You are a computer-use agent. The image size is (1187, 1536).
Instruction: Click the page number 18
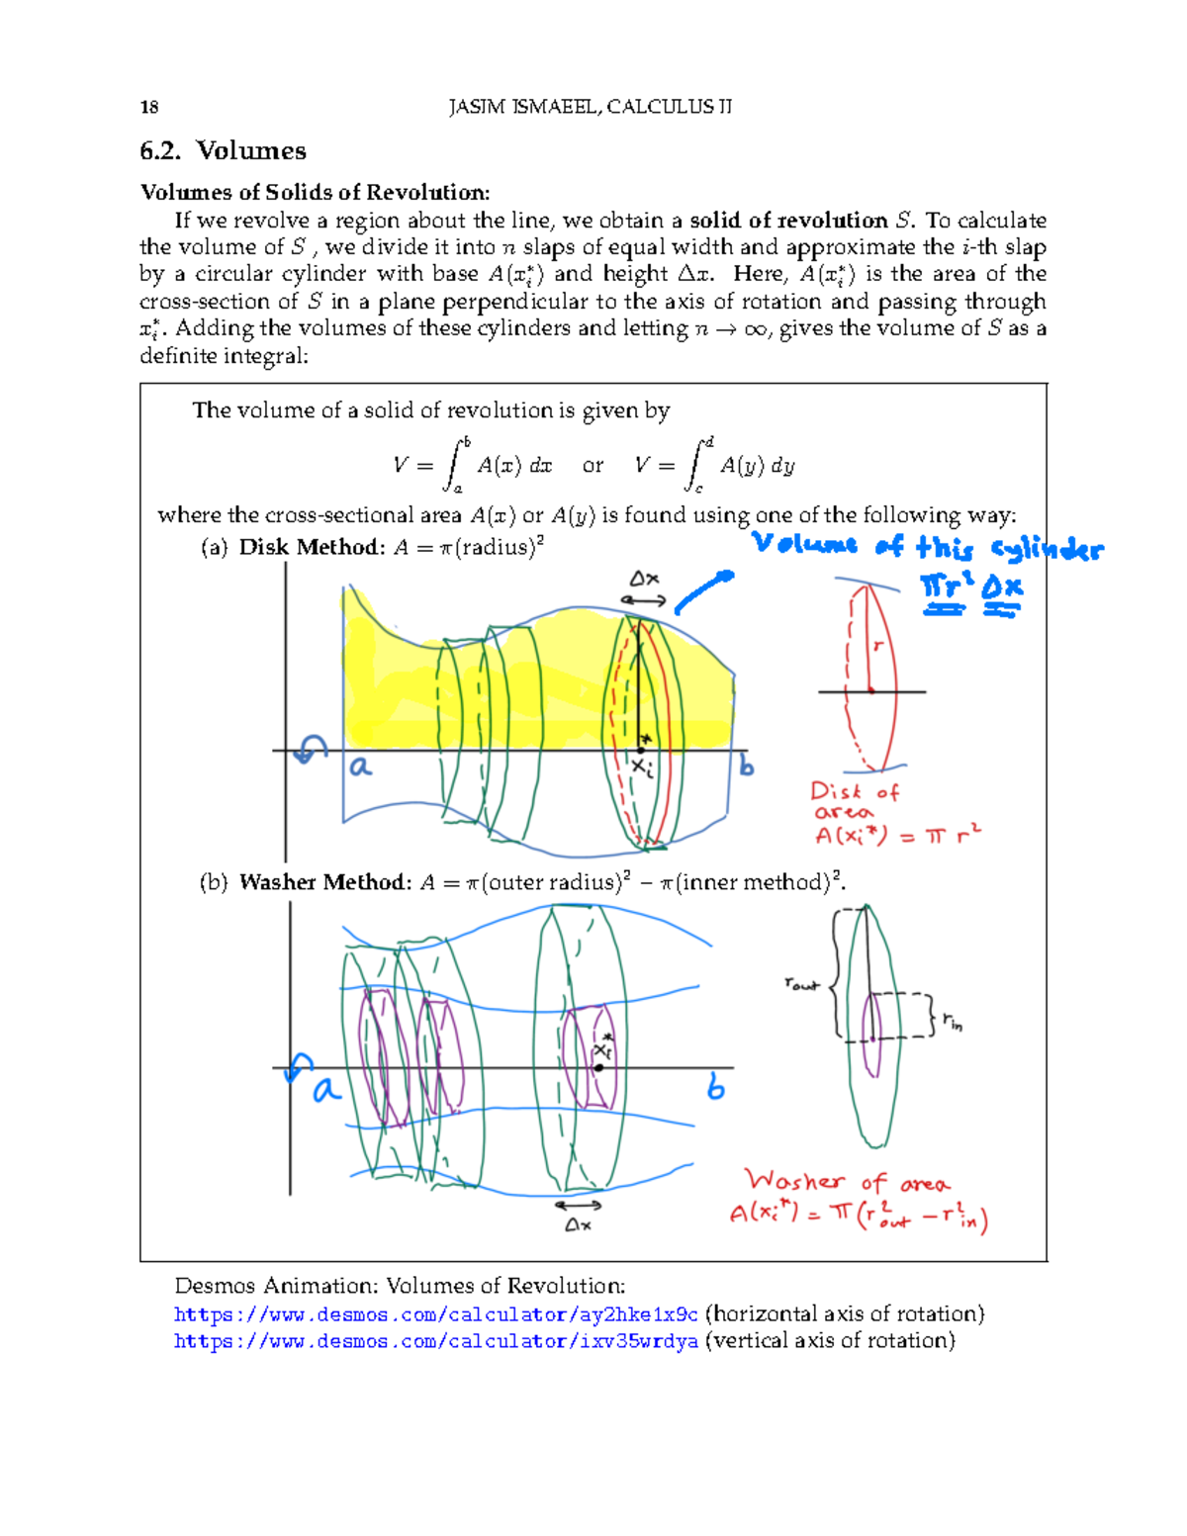pyautogui.click(x=149, y=108)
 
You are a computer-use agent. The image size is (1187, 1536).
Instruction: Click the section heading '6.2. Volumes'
pyautogui.click(x=223, y=151)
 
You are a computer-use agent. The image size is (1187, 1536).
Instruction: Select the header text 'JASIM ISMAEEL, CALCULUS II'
pyautogui.click(x=590, y=107)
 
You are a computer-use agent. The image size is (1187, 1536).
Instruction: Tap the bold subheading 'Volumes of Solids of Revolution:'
pyautogui.click(x=315, y=193)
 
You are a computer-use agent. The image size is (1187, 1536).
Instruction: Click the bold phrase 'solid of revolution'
pyautogui.click(x=788, y=221)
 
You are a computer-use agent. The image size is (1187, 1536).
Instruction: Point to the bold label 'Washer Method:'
pyautogui.click(x=325, y=882)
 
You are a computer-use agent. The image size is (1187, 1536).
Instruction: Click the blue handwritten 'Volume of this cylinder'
pyautogui.click(x=927, y=547)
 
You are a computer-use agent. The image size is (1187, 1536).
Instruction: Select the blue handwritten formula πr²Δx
pyautogui.click(x=971, y=588)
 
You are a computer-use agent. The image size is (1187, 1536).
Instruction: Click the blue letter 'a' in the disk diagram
pyautogui.click(x=360, y=767)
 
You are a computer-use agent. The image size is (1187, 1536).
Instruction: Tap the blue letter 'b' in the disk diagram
pyautogui.click(x=746, y=767)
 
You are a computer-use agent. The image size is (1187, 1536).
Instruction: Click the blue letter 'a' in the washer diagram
pyautogui.click(x=325, y=1090)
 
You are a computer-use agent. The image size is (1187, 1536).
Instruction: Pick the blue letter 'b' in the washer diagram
pyautogui.click(x=716, y=1089)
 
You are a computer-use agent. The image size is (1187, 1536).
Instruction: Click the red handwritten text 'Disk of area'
pyautogui.click(x=854, y=801)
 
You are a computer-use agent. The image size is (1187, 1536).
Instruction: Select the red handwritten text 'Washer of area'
pyautogui.click(x=847, y=1182)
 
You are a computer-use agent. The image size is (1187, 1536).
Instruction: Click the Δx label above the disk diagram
pyautogui.click(x=645, y=579)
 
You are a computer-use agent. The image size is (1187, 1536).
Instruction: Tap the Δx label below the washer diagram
pyautogui.click(x=578, y=1225)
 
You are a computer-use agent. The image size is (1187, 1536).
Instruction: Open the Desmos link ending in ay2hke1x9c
pyautogui.click(x=436, y=1314)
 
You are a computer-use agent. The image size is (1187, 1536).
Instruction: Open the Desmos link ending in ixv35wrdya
pyautogui.click(x=436, y=1341)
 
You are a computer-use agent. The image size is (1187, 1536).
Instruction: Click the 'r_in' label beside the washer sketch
pyautogui.click(x=952, y=1021)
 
